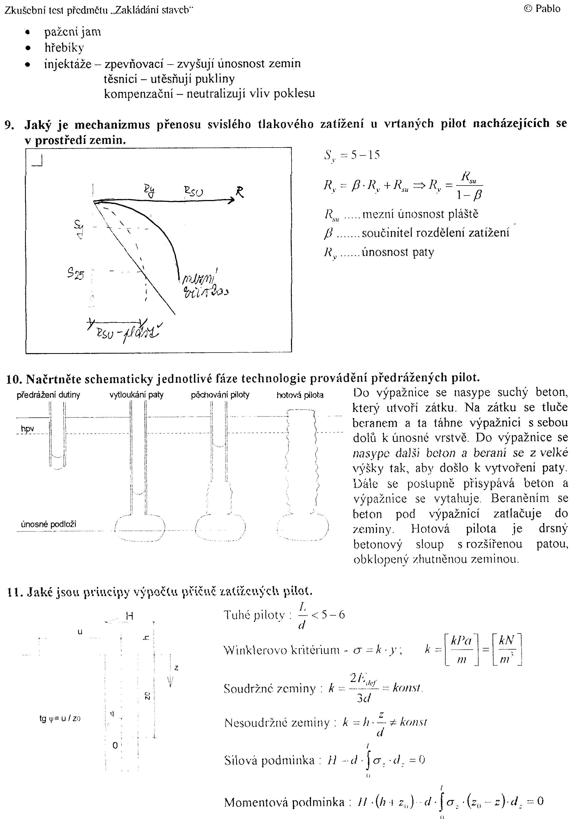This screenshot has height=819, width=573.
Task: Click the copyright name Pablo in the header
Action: [548, 9]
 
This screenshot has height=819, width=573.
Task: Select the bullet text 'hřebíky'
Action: [64, 47]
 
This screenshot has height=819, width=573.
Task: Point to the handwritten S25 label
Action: [76, 274]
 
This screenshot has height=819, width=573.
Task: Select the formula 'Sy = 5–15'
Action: [352, 155]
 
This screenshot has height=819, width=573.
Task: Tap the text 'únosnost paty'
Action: [398, 252]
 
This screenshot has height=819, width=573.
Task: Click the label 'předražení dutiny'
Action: [48, 395]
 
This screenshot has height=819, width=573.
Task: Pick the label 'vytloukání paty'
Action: [136, 395]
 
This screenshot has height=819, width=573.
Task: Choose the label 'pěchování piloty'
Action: [220, 395]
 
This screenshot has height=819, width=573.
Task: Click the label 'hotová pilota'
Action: [300, 395]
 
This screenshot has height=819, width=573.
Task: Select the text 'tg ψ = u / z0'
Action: [60, 718]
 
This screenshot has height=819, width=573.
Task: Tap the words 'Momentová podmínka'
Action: [284, 802]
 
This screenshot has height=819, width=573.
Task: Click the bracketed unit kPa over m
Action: [462, 650]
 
